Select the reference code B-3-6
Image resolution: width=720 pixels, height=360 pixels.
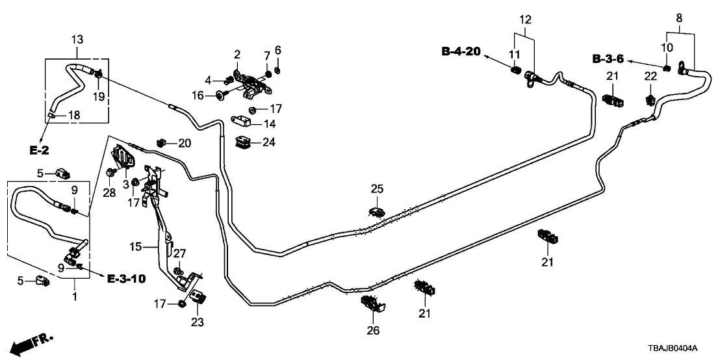pos(608,59)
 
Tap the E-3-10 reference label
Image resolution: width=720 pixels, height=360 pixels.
pos(127,279)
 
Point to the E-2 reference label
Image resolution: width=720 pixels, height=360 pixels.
pos(40,151)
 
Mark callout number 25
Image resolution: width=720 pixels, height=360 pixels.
pos(378,189)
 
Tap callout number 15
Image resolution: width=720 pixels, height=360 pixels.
pos(135,247)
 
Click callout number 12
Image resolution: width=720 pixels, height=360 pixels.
pos(525,19)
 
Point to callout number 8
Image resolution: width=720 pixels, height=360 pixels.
pos(679,19)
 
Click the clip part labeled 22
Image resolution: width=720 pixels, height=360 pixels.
pos(650,99)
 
